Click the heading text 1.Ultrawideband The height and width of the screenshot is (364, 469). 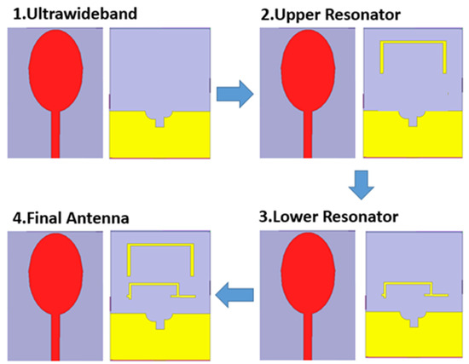tap(67, 14)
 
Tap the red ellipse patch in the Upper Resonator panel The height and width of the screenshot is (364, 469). tap(308, 77)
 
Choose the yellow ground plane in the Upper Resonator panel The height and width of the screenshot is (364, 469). tap(413, 141)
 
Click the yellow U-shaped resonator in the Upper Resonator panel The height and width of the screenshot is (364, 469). tap(413, 42)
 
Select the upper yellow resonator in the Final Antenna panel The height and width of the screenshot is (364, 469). tap(161, 246)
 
